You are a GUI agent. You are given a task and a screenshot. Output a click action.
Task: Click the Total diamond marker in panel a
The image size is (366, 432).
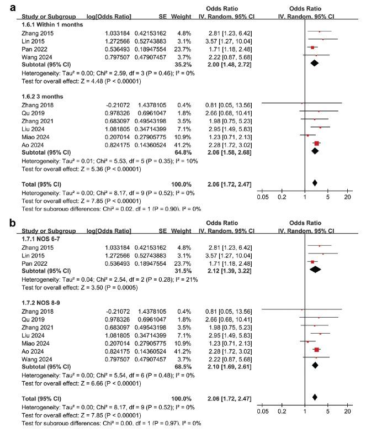click(x=315, y=182)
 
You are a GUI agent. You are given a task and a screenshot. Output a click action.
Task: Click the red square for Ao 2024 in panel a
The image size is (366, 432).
click(x=317, y=143)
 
